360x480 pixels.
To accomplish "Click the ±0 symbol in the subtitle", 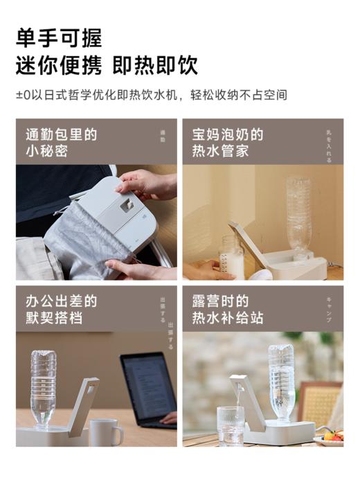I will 22,95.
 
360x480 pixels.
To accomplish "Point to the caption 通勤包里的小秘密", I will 61,142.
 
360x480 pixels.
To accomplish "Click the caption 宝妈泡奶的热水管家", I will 228,142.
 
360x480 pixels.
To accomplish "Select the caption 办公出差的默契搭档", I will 61,310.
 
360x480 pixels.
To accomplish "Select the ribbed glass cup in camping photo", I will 230,425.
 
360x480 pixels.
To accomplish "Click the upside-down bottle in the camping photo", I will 282,381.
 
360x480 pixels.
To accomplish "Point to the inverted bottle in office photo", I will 43,388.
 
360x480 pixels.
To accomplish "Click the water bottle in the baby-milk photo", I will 298,217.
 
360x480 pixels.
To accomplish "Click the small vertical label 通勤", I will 163,136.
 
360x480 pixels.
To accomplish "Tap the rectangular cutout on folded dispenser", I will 127,205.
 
